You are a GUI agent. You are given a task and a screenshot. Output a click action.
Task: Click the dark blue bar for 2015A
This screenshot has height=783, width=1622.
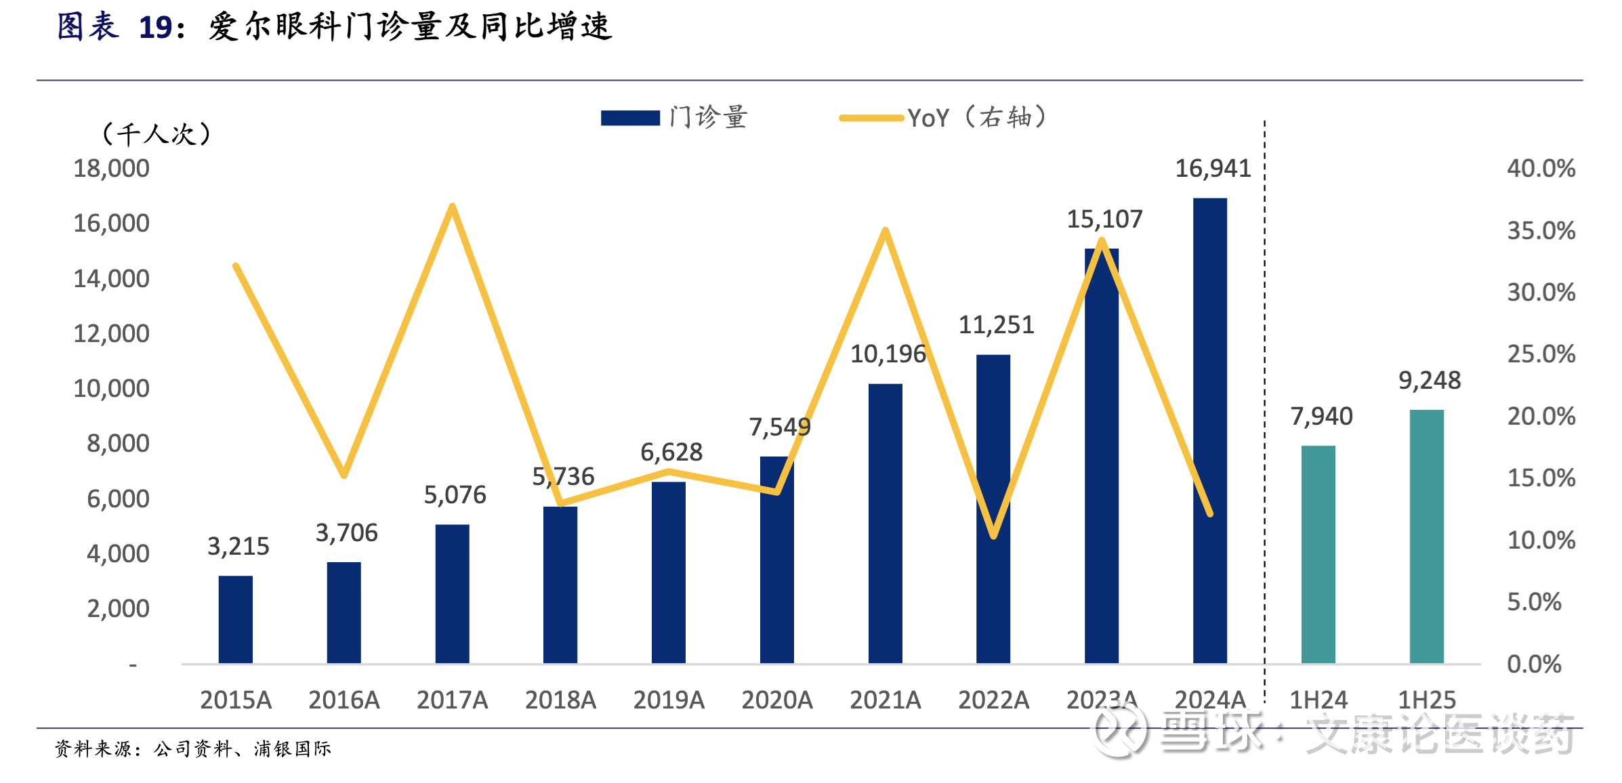pyautogui.click(x=235, y=619)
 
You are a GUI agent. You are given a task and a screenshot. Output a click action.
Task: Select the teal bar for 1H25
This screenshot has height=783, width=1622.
pyautogui.click(x=1426, y=536)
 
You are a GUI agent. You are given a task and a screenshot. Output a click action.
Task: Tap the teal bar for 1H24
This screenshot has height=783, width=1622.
pyautogui.click(x=1318, y=554)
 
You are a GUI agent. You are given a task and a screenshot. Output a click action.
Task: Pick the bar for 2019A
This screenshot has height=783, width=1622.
pyautogui.click(x=668, y=572)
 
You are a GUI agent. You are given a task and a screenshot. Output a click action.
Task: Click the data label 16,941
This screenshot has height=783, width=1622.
pyautogui.click(x=1213, y=169)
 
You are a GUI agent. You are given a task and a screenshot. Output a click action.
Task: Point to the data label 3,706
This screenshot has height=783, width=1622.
pyautogui.click(x=346, y=533)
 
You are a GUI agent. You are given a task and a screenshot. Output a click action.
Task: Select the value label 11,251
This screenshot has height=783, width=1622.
pyautogui.click(x=996, y=325)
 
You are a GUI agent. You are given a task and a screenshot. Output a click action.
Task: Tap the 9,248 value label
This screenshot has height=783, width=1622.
pyautogui.click(x=1430, y=381)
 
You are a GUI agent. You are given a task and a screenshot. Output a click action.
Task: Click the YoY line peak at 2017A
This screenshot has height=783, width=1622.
pyautogui.click(x=452, y=207)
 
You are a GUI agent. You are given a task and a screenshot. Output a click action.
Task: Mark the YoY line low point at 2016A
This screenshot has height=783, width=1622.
pyautogui.click(x=344, y=474)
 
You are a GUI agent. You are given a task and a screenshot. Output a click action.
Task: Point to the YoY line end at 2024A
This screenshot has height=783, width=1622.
pyautogui.click(x=1209, y=513)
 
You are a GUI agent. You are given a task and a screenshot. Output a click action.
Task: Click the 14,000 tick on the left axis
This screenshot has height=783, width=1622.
pyautogui.click(x=111, y=278)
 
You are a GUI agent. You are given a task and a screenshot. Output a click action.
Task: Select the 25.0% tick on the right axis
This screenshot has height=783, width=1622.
pyautogui.click(x=1541, y=354)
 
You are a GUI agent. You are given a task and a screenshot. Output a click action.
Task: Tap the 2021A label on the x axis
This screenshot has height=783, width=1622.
pyautogui.click(x=885, y=700)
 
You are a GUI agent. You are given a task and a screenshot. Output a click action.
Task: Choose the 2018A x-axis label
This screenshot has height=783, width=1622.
pyautogui.click(x=560, y=700)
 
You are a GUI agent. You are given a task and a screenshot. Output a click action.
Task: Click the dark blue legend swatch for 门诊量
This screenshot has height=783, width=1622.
pyautogui.click(x=630, y=118)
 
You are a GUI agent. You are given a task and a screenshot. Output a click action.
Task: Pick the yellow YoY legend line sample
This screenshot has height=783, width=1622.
pyautogui.click(x=871, y=118)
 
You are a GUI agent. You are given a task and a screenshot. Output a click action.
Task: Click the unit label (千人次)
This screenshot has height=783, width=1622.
pyautogui.click(x=156, y=133)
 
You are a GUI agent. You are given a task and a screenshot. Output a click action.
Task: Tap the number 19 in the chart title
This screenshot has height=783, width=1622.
pyautogui.click(x=155, y=28)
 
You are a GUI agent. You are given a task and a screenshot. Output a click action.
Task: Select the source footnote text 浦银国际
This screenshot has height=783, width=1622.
pyautogui.click(x=292, y=748)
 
